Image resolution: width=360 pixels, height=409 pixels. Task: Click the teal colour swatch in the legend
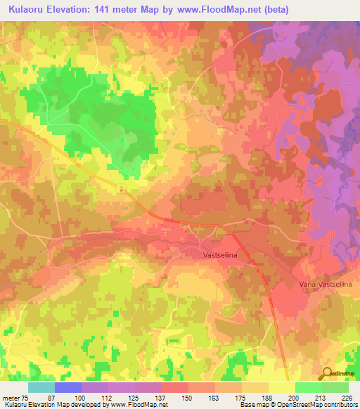click(41, 387)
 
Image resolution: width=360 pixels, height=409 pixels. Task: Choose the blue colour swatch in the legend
click(67, 387)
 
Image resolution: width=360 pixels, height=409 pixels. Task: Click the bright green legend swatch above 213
click(308, 387)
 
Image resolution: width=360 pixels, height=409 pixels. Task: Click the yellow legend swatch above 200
click(281, 387)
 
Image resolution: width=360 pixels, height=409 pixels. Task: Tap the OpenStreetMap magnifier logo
click(328, 372)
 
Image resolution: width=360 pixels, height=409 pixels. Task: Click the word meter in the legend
click(11, 398)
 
